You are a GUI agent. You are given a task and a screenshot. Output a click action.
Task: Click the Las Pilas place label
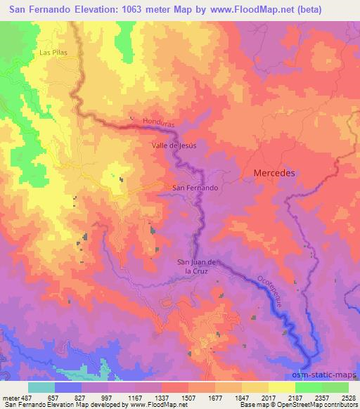point(53,53)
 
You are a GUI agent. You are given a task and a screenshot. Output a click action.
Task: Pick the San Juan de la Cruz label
point(199,266)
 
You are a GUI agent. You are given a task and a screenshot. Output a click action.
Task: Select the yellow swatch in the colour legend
point(281,387)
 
